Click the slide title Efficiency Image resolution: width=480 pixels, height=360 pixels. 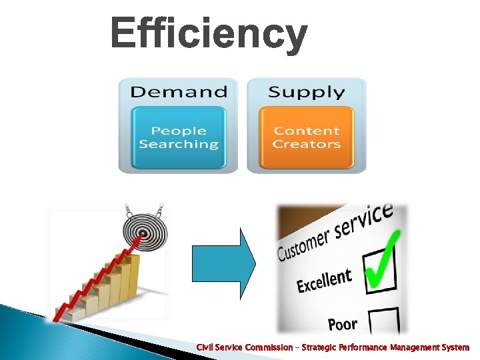209,33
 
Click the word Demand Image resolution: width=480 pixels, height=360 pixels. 178,91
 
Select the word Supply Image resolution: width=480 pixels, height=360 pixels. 306,91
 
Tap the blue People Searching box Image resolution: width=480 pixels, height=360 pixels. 179,137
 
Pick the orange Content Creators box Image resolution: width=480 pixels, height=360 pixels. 306,137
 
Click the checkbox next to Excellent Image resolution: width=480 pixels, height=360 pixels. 380,271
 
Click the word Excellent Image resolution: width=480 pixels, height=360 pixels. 324,281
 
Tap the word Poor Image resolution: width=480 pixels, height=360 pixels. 343,325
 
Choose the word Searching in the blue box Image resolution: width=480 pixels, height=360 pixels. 179,144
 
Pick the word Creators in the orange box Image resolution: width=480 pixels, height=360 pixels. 306,144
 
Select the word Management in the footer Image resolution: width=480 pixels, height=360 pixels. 414,348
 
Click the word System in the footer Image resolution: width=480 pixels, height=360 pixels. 455,348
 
